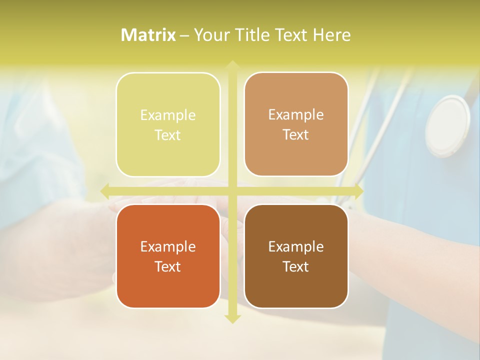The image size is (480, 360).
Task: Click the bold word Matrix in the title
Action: click(148, 35)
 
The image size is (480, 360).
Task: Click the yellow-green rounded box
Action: click(168, 124)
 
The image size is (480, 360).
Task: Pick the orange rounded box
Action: click(168, 256)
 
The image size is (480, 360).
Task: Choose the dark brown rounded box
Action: click(296, 256)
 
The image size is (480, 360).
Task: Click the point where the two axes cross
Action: click(232, 191)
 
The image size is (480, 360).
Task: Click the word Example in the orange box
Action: click(168, 246)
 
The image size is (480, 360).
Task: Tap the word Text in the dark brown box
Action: click(296, 266)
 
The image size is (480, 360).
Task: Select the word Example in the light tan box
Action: click(296, 114)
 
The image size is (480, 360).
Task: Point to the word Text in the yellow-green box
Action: click(168, 135)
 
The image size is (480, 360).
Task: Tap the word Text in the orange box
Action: click(168, 266)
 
